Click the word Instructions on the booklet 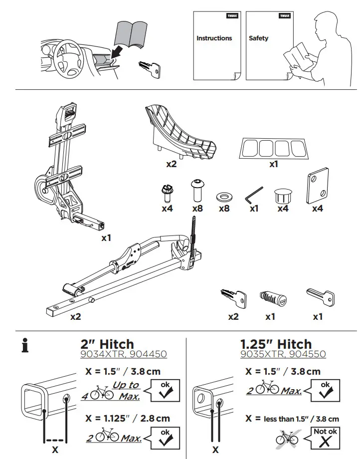tap(214, 38)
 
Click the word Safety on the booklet tap(258, 38)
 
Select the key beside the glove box tap(151, 69)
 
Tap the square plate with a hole tap(317, 185)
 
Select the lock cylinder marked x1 tap(271, 299)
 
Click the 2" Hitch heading tap(107, 344)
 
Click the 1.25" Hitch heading tap(276, 344)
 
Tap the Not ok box tap(325, 438)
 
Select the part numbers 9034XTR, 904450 tap(123, 355)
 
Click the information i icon tap(24, 345)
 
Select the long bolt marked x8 tap(197, 190)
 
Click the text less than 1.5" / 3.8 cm tap(301, 419)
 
